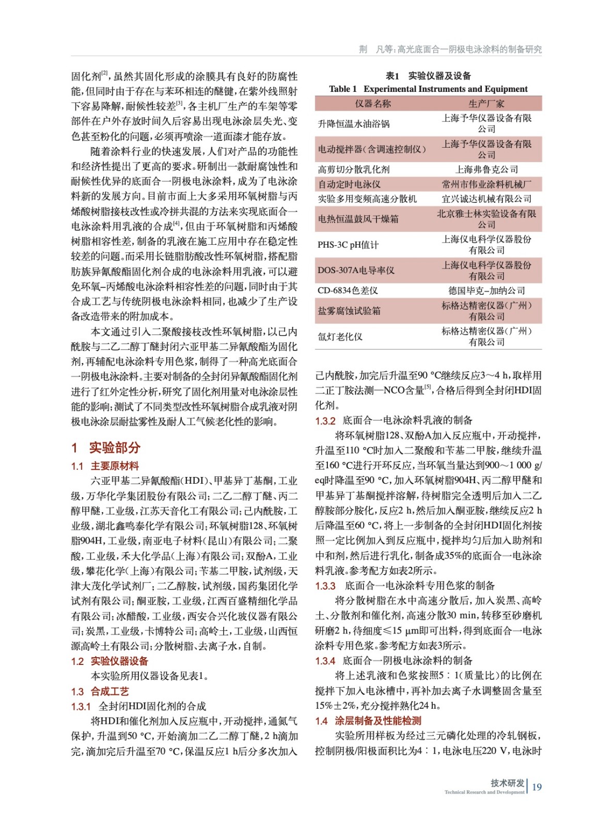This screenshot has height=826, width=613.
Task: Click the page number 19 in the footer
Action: pyautogui.click(x=537, y=787)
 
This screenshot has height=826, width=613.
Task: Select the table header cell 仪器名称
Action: pyautogui.click(x=373, y=104)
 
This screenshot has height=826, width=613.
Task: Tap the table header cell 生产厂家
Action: pyautogui.click(x=486, y=104)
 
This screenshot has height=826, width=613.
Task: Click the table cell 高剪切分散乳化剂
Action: pyautogui.click(x=354, y=169)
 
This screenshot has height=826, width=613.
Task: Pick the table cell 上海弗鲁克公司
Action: pyautogui.click(x=486, y=169)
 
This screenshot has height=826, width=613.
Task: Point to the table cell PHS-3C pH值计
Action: pyautogui.click(x=348, y=245)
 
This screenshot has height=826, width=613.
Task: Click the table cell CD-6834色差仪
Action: pyautogui.click(x=348, y=291)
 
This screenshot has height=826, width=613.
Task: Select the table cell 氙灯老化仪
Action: pyautogui.click(x=340, y=337)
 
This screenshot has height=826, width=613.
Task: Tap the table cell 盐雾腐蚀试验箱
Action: pyautogui.click(x=349, y=311)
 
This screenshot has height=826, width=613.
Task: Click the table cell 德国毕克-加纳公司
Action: pyautogui.click(x=486, y=291)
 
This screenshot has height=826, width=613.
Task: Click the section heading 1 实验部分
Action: pyautogui.click(x=106, y=448)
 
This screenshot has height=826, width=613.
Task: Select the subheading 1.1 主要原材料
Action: pyautogui.click(x=105, y=466)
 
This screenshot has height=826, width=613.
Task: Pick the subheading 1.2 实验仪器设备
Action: pyautogui.click(x=109, y=661)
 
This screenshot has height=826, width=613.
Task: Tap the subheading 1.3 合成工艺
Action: pyautogui.click(x=100, y=691)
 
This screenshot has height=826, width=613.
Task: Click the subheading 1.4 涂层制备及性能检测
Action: pyautogui.click(x=368, y=721)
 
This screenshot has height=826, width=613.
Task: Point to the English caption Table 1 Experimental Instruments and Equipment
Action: pyautogui.click(x=428, y=89)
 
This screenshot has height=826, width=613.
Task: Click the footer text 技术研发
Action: pyautogui.click(x=507, y=783)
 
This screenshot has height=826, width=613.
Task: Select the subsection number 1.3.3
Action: pyautogui.click(x=325, y=586)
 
